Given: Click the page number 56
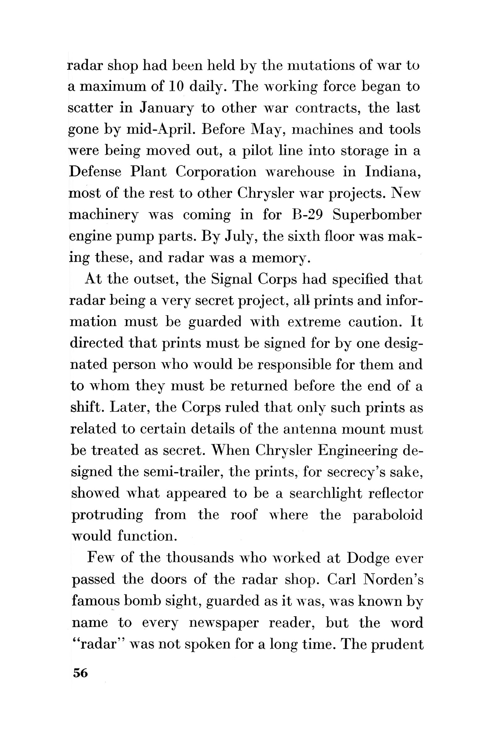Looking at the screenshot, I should point(80,673).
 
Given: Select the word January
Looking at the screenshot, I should point(166,108).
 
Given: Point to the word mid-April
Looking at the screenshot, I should point(161,129).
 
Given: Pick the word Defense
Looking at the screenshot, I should point(95,172).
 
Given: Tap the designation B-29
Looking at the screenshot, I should point(307,215).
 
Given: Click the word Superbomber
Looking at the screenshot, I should point(377,215).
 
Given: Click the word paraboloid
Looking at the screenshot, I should point(387,515).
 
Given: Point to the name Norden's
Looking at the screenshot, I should point(394,579).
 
